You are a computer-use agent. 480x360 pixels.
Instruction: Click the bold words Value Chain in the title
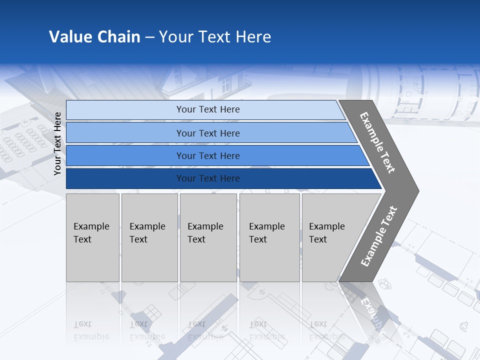pyautogui.click(x=94, y=37)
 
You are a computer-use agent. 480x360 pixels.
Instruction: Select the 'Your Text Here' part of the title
pyautogui.click(x=215, y=37)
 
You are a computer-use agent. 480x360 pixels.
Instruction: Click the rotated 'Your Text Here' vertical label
pyautogui.click(x=57, y=143)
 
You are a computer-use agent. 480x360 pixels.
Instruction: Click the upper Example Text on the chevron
pyautogui.click(x=377, y=142)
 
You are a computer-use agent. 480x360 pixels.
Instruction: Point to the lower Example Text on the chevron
pyautogui.click(x=378, y=236)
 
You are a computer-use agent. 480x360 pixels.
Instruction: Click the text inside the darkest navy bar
pyautogui.click(x=208, y=178)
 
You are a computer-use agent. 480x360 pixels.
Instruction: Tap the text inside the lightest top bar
pyautogui.click(x=208, y=109)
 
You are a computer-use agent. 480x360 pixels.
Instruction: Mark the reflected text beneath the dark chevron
pyautogui.click(x=372, y=312)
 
